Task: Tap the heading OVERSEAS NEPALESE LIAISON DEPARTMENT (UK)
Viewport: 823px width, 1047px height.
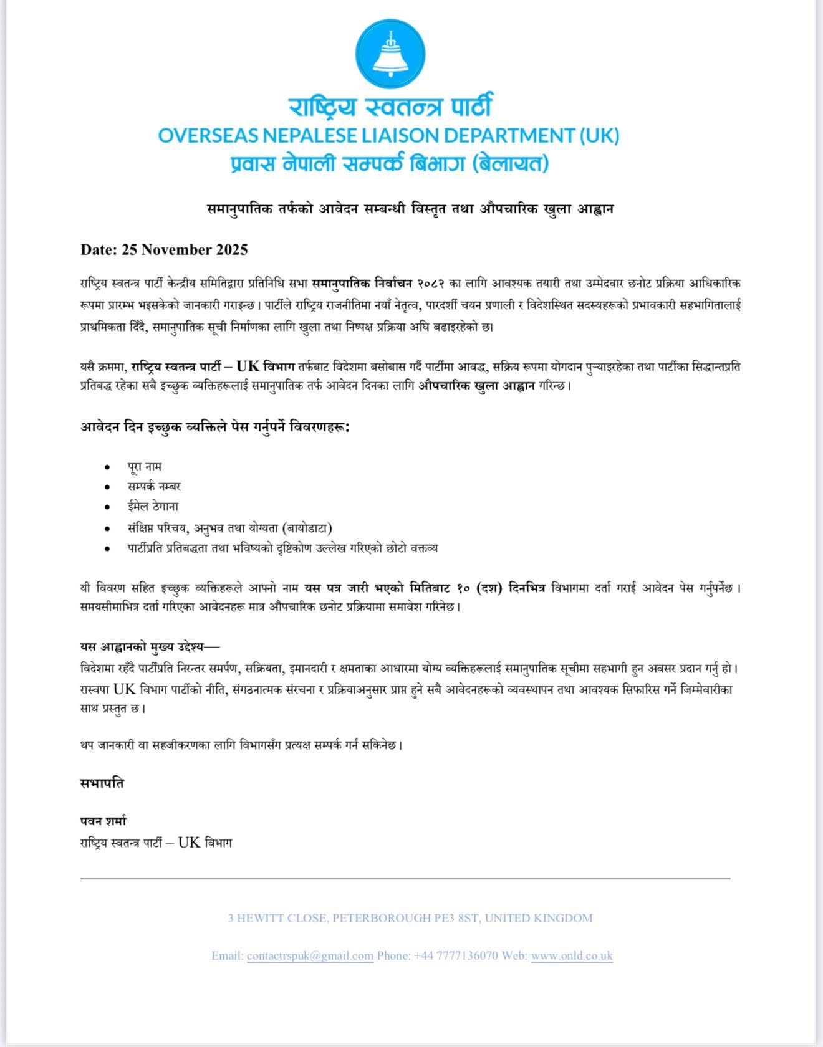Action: click(388, 135)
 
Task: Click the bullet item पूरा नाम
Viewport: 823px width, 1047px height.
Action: click(145, 466)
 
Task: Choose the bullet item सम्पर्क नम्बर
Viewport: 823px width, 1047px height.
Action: click(154, 486)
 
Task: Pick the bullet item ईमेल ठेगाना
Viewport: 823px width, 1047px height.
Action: click(153, 507)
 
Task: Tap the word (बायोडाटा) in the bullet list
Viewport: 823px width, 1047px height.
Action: click(307, 528)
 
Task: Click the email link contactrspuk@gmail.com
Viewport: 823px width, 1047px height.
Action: click(310, 955)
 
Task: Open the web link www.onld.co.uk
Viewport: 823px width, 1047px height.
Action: click(572, 955)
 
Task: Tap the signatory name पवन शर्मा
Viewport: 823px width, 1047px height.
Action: click(103, 821)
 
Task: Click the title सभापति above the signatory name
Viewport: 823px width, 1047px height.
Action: click(102, 783)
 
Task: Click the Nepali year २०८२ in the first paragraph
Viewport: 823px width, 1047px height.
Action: click(430, 284)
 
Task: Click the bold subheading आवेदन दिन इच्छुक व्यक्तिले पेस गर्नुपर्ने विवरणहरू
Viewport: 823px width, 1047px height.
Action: click(214, 428)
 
